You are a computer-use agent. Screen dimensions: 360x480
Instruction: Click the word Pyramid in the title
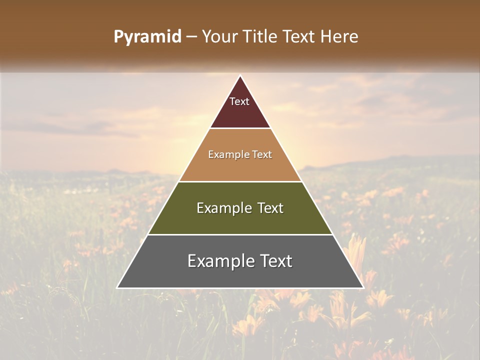pyautogui.click(x=147, y=37)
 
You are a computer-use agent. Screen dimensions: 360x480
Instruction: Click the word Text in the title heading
pyautogui.click(x=299, y=36)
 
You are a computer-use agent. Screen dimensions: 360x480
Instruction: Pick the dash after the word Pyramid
pyautogui.click(x=191, y=37)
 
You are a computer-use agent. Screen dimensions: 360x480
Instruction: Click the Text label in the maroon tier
pyautogui.click(x=239, y=101)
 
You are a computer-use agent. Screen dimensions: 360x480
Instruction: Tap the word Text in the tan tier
pyautogui.click(x=262, y=155)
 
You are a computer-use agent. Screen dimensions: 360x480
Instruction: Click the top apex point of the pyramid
pyautogui.click(x=240, y=76)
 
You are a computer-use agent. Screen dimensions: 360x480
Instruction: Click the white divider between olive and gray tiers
pyautogui.click(x=240, y=234)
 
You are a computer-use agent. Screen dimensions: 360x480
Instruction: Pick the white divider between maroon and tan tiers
pyautogui.click(x=240, y=128)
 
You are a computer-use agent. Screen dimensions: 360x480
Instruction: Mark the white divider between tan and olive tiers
pyautogui.click(x=240, y=181)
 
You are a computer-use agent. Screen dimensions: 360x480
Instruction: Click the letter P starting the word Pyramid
pyautogui.click(x=118, y=37)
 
